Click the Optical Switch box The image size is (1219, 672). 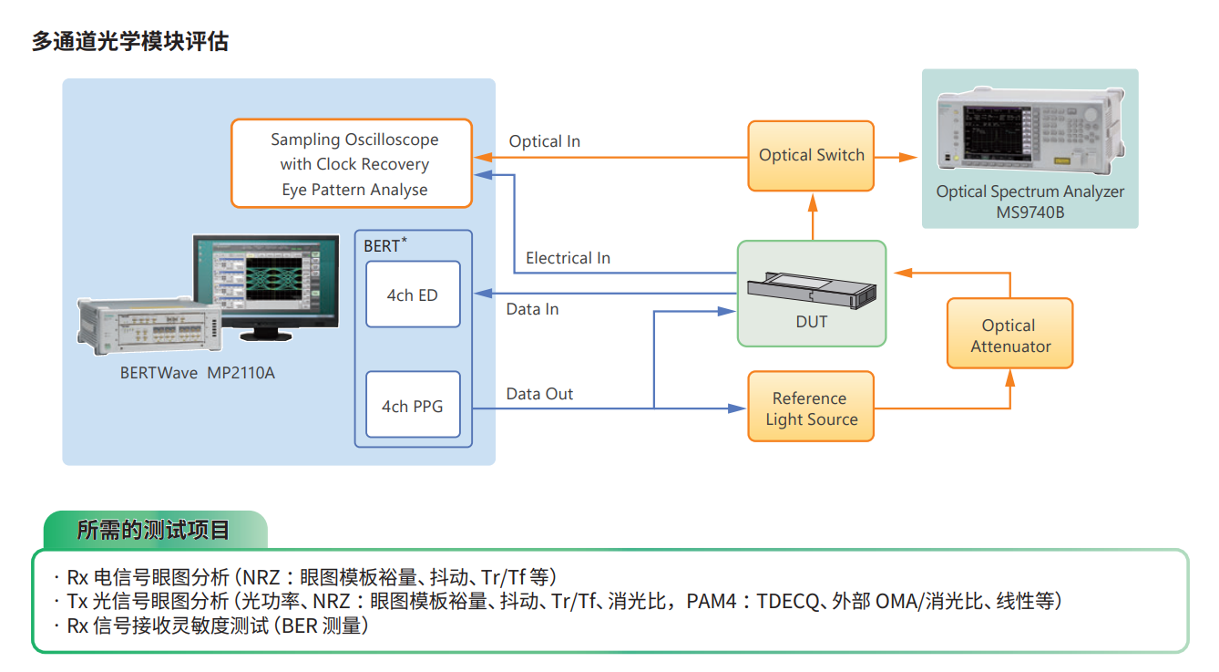click(x=811, y=156)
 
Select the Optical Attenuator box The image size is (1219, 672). click(x=1009, y=334)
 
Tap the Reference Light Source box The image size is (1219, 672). click(x=811, y=407)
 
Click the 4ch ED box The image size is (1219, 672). click(x=413, y=295)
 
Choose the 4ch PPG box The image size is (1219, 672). click(x=413, y=406)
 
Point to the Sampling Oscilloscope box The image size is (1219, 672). click(x=352, y=164)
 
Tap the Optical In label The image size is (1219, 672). click(x=544, y=141)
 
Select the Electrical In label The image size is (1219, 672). click(x=568, y=258)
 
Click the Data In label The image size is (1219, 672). click(x=532, y=309)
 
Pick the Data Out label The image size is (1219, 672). click(x=539, y=394)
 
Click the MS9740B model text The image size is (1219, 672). click(x=1029, y=212)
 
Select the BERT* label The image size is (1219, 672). click(x=384, y=244)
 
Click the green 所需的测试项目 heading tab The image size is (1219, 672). click(x=154, y=530)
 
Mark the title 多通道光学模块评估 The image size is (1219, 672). click(x=130, y=41)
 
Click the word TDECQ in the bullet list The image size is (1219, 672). click(x=792, y=601)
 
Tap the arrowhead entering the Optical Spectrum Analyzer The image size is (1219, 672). click(x=910, y=157)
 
